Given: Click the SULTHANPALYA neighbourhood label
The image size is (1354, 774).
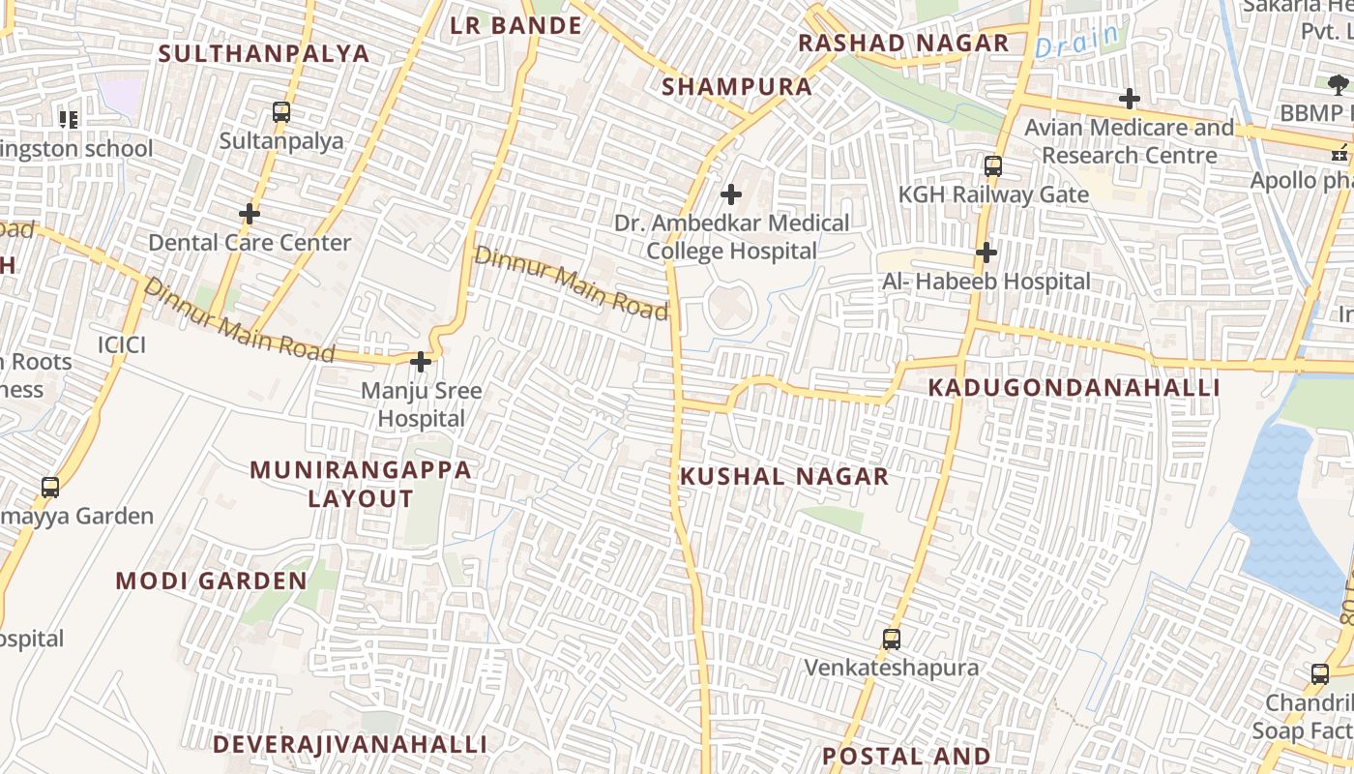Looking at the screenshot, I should click(264, 53).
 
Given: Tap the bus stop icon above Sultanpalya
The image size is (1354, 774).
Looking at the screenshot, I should click(281, 112).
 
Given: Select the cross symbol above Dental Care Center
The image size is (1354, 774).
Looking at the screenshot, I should click(250, 213).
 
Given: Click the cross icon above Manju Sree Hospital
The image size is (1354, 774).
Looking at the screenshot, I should click(421, 362).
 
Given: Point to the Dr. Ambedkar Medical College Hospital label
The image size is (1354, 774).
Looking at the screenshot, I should click(732, 237).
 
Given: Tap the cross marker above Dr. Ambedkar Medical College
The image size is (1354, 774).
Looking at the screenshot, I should click(731, 194).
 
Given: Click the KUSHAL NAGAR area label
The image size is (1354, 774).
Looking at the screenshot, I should click(784, 476).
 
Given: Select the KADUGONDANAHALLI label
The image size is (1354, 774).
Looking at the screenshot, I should click(1074, 388).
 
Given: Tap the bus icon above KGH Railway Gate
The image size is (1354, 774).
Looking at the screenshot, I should click(993, 166).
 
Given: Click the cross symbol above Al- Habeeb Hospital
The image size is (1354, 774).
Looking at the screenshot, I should click(986, 253).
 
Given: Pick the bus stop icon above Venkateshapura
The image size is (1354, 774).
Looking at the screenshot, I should click(892, 639).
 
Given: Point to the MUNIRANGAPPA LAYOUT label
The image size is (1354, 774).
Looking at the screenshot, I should click(361, 485).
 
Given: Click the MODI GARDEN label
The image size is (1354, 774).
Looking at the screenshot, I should click(211, 580).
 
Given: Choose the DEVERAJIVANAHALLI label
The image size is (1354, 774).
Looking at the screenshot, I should click(350, 744).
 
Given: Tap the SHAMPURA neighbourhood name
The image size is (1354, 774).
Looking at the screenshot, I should click(737, 87).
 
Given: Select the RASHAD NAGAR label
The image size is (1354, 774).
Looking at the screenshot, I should click(903, 44).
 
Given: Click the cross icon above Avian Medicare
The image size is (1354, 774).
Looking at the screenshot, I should click(1129, 98).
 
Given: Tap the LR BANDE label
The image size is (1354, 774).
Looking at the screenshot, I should click(516, 26).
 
